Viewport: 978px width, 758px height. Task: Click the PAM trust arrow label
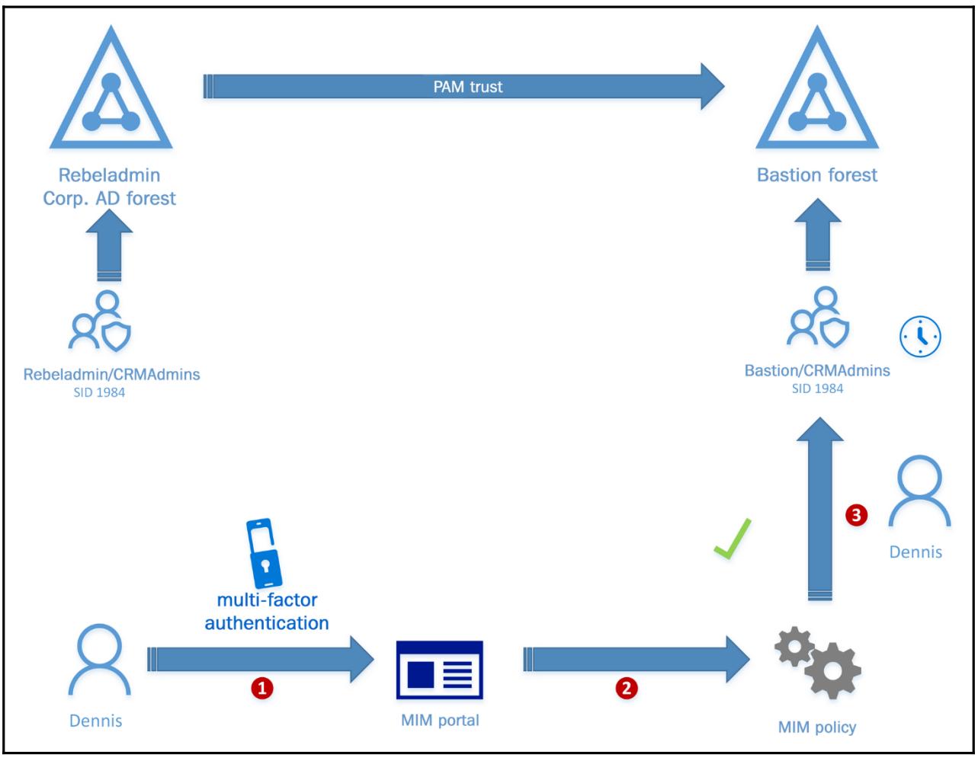click(x=468, y=87)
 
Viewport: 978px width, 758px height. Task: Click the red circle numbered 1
click(x=262, y=689)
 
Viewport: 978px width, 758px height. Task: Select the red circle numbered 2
click(x=627, y=689)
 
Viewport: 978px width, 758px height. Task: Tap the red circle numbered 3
click(x=856, y=516)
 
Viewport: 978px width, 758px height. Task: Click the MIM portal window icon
click(x=440, y=670)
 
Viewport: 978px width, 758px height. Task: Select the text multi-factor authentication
click(x=267, y=612)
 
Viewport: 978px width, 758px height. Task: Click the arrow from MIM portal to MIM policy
click(x=637, y=659)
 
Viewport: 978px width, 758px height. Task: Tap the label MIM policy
click(x=817, y=728)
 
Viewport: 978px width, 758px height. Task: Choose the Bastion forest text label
click(x=817, y=175)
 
